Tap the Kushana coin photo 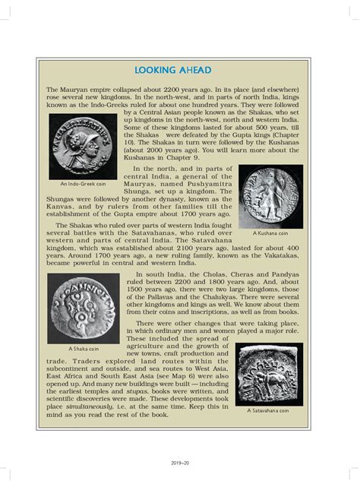271,197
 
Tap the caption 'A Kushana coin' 271,234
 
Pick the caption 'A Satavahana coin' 271,410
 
